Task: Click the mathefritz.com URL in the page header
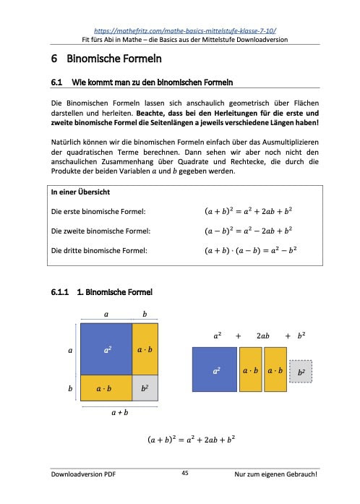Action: click(x=181, y=30)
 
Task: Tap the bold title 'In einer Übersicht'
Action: click(x=80, y=192)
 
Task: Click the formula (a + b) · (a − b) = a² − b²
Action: click(x=252, y=250)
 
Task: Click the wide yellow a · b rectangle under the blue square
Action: click(x=106, y=388)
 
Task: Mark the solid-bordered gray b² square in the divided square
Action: click(x=145, y=388)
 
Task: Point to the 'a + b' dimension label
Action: click(x=119, y=412)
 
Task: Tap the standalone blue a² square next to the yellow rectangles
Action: click(x=215, y=370)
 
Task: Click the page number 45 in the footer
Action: click(x=185, y=473)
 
